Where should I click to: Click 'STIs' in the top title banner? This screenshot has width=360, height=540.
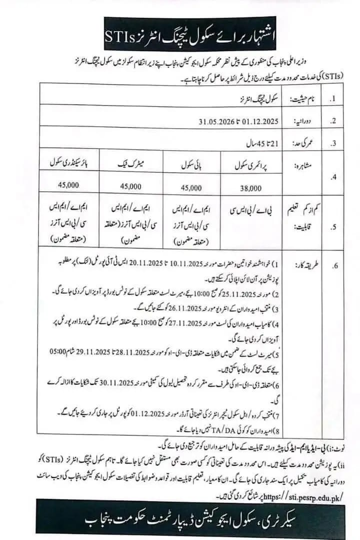[x=120, y=36]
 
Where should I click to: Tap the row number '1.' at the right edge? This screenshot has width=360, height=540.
[x=333, y=100]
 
